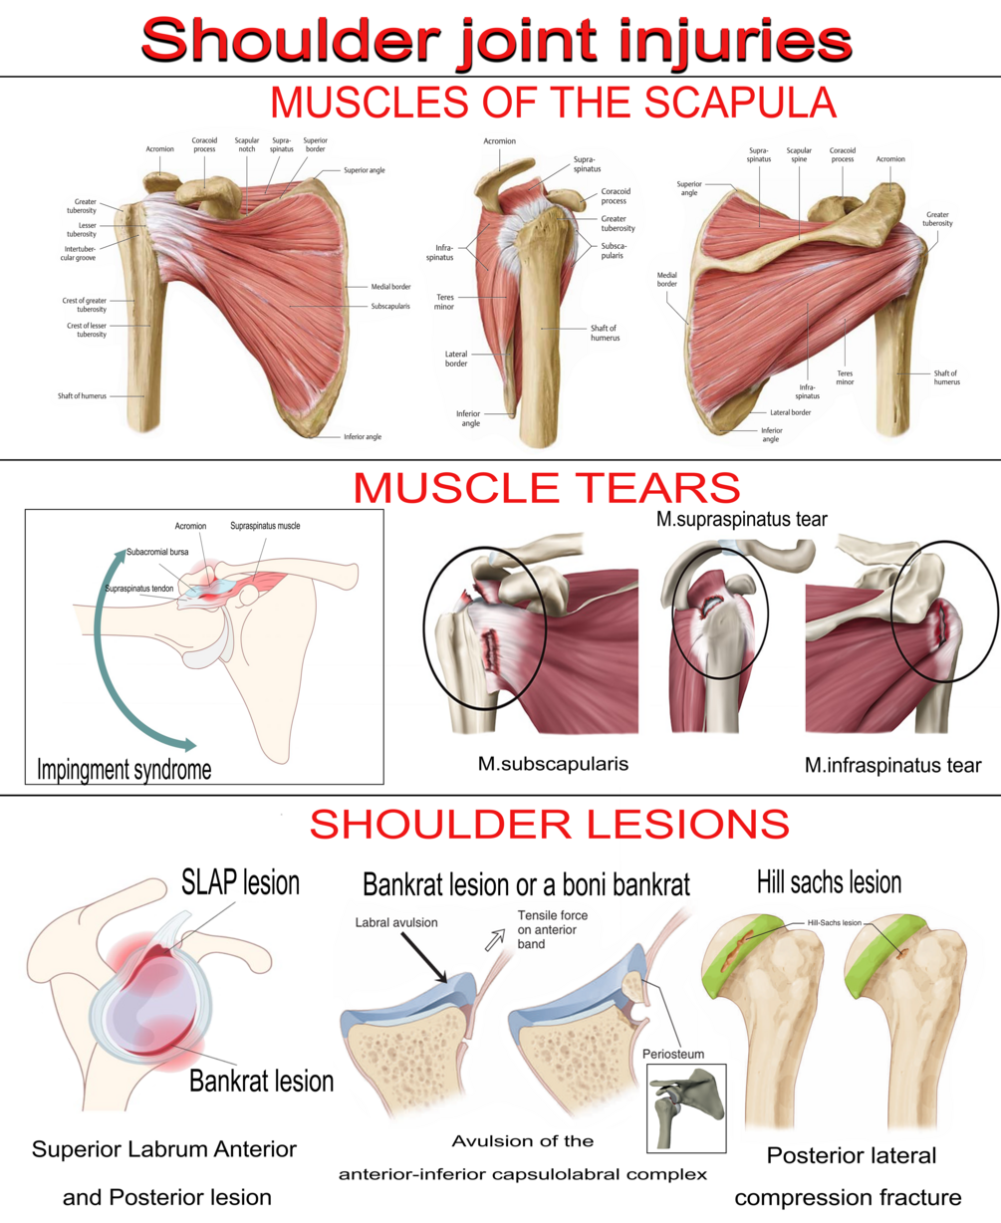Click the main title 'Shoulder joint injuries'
[x=497, y=41]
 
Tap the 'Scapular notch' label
[x=247, y=144]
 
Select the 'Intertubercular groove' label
[x=81, y=253]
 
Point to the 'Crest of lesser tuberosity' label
[x=87, y=330]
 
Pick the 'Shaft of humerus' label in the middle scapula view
[x=604, y=333]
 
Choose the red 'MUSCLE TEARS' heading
[x=546, y=487]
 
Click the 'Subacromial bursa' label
[x=157, y=552]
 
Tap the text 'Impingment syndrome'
[x=124, y=769]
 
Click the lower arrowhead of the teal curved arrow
[x=185, y=744]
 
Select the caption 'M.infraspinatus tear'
[x=892, y=765]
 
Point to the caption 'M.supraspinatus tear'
[x=742, y=519]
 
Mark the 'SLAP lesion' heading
[x=240, y=882]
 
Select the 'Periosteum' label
[x=671, y=1054]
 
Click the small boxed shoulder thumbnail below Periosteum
[x=686, y=1107]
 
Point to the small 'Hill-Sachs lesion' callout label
[x=835, y=923]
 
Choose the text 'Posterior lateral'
[x=852, y=1156]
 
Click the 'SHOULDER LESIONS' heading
[x=549, y=825]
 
